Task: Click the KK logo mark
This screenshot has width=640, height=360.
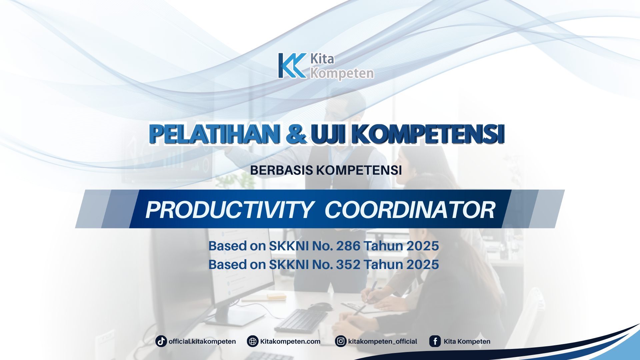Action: pos(292,66)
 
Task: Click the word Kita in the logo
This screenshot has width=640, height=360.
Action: pos(322,59)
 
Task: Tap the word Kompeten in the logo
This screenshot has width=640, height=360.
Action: pos(342,73)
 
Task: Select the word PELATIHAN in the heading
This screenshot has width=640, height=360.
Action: pos(214,134)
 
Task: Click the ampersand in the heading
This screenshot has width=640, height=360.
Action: pos(296,134)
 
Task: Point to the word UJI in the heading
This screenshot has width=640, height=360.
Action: pos(328,134)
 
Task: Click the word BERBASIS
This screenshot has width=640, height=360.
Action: pos(281,170)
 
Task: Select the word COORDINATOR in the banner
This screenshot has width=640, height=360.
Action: pos(410,210)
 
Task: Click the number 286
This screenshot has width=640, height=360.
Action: pos(348,246)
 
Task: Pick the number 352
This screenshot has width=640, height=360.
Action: pos(348,265)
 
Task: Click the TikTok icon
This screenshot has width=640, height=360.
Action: pos(161,341)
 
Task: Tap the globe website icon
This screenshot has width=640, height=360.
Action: pos(253,341)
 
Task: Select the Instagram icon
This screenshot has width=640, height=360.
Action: pos(341,341)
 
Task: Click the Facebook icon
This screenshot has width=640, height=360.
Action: pos(435,341)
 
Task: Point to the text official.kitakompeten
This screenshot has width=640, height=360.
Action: pos(202,341)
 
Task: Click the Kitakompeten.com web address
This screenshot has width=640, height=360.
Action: pos(290,341)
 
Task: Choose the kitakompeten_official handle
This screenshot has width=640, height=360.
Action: pos(382,341)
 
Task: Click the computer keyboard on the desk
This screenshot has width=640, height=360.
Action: pos(300,320)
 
